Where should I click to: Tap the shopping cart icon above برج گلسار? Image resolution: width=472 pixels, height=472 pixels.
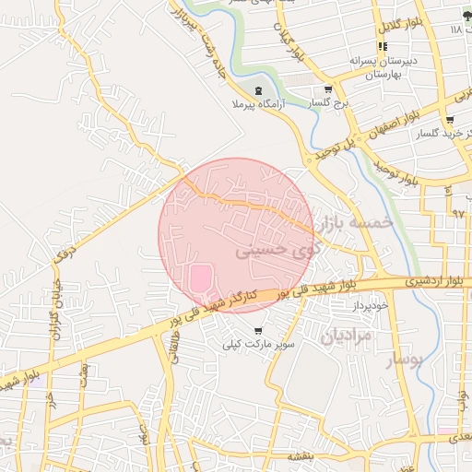(x=328, y=89)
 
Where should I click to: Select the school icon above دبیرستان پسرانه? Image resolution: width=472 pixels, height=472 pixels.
(x=382, y=46)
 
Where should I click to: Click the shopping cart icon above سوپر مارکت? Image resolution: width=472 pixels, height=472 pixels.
(x=258, y=330)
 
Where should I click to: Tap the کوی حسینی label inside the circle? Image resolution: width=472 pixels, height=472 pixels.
(x=278, y=249)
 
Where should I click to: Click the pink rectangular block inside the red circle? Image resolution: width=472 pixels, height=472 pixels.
(x=199, y=279)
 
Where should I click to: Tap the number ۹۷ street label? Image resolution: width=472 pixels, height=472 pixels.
(x=458, y=213)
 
